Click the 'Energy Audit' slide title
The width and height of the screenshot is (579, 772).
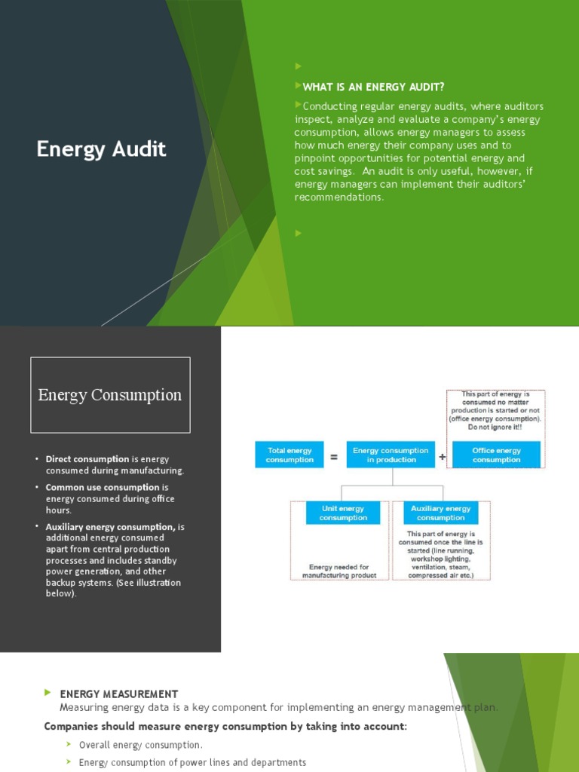(101, 149)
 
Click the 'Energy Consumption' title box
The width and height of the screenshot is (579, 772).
(110, 395)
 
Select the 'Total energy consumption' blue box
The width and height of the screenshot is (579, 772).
(289, 455)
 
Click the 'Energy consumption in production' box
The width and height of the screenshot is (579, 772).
(391, 455)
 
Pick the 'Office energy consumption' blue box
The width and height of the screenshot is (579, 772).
(496, 455)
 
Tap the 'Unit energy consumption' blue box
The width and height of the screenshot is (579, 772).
(343, 513)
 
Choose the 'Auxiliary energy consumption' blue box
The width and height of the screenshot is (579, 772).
(441, 513)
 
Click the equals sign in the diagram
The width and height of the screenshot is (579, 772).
(334, 456)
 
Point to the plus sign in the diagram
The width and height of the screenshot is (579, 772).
(443, 456)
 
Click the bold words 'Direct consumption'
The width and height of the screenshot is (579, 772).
(87, 459)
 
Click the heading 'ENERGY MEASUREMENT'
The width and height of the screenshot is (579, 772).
(119, 694)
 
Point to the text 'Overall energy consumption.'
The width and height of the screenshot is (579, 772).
(141, 745)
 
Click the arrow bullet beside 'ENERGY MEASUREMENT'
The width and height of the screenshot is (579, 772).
(48, 692)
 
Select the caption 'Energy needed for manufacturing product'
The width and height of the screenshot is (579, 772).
(339, 571)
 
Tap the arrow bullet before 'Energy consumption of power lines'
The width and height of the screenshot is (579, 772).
(69, 762)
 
